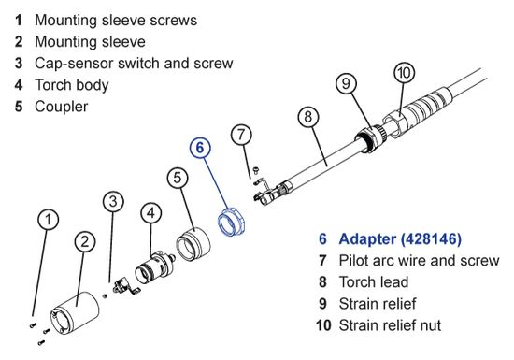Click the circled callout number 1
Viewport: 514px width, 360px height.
coord(49,220)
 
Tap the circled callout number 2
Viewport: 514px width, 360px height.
coord(85,241)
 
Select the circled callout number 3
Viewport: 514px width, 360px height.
coord(113,201)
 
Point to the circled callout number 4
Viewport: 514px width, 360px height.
coord(150,213)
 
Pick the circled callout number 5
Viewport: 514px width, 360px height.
coord(178,178)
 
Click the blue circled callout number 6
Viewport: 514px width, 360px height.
coord(200,148)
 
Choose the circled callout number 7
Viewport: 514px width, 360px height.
coord(241,135)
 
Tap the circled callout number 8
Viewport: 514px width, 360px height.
coord(308,116)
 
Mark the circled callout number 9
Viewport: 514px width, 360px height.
coord(346,83)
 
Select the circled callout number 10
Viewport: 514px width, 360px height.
coord(404,72)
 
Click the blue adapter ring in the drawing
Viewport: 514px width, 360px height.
coord(231,221)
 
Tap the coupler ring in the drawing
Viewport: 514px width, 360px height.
coord(193,245)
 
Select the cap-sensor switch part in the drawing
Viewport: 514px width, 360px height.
coord(125,287)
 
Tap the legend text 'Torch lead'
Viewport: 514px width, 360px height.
coord(374,282)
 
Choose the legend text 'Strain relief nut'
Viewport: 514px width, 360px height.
coord(390,325)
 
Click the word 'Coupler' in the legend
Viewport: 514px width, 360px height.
coord(62,107)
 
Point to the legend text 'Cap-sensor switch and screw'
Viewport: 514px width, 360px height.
coord(134,63)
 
